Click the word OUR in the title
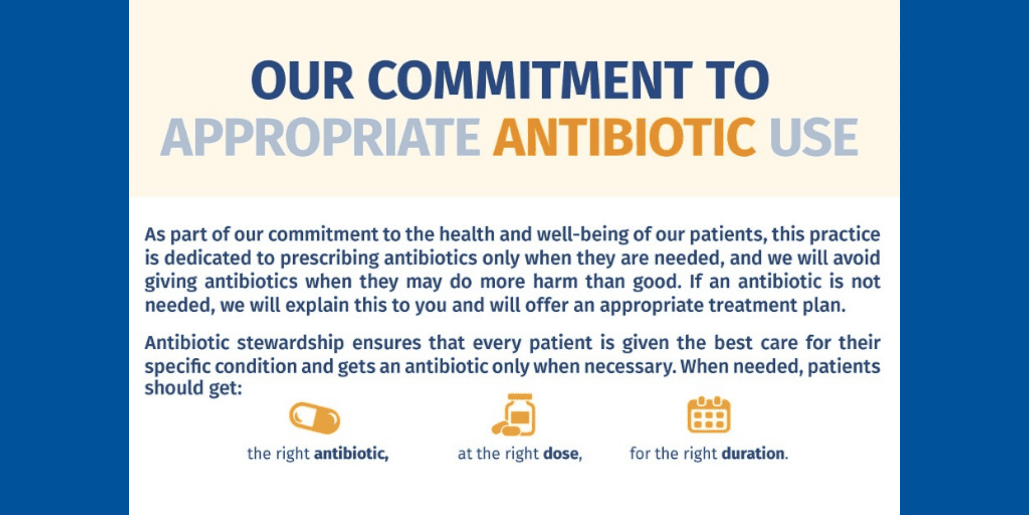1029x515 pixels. tap(302, 80)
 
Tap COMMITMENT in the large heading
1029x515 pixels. tap(531, 80)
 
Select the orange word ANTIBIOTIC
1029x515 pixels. tap(624, 137)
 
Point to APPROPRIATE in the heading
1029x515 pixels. tap(320, 137)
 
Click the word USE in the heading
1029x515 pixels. tap(814, 137)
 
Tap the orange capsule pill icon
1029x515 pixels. tap(315, 418)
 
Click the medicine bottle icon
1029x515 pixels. tap(514, 414)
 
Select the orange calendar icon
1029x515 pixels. tap(709, 415)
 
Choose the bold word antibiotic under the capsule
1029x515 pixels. tap(351, 454)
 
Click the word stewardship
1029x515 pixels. tap(290, 343)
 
